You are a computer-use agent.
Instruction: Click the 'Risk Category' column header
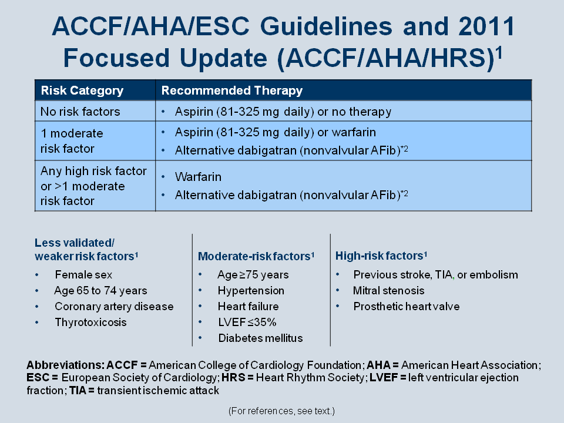tap(82, 90)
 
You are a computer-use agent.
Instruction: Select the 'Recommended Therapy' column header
tap(231, 90)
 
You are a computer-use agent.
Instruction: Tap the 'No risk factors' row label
tap(80, 112)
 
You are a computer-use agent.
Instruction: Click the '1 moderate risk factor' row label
tap(72, 140)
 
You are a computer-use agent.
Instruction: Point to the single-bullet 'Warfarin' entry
tap(198, 177)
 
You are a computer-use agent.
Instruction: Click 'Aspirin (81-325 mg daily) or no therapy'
tap(283, 112)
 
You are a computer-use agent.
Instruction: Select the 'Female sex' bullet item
tap(83, 274)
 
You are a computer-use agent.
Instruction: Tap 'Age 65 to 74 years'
tap(100, 290)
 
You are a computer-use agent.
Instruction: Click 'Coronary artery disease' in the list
tap(114, 306)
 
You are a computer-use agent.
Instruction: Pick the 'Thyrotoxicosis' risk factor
tap(90, 322)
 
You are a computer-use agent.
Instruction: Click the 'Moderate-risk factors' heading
tap(256, 256)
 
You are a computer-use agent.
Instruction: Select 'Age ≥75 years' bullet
tap(253, 274)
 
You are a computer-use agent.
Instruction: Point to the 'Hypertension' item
tap(251, 290)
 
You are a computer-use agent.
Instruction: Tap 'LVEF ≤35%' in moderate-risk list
tap(247, 322)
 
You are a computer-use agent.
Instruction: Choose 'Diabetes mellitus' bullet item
tap(260, 338)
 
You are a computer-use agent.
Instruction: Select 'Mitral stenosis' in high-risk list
tap(388, 290)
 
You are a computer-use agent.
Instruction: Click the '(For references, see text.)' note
tap(281, 411)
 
